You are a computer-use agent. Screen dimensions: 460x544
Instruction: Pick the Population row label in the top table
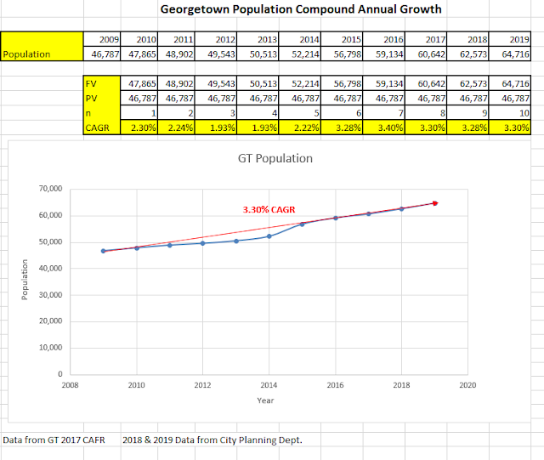tap(28, 54)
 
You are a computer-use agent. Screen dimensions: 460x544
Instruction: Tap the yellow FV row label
tap(92, 85)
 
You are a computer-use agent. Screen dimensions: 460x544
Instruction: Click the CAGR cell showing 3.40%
tap(388, 128)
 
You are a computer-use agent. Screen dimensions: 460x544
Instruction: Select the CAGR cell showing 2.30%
tap(141, 128)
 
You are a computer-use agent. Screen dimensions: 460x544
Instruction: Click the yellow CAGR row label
tap(98, 128)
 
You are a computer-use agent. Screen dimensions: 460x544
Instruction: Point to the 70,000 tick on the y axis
tap(55, 189)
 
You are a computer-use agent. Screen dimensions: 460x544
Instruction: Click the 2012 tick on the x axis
tap(201, 384)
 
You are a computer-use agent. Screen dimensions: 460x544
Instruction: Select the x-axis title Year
tap(267, 400)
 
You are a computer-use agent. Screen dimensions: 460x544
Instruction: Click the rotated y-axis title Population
tap(25, 281)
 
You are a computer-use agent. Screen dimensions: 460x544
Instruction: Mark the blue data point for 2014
tap(268, 236)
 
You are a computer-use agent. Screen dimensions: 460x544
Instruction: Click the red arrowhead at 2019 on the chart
tap(434, 203)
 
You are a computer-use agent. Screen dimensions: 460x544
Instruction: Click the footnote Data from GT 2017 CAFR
tap(54, 440)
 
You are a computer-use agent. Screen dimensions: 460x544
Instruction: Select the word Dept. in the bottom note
tap(289, 440)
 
